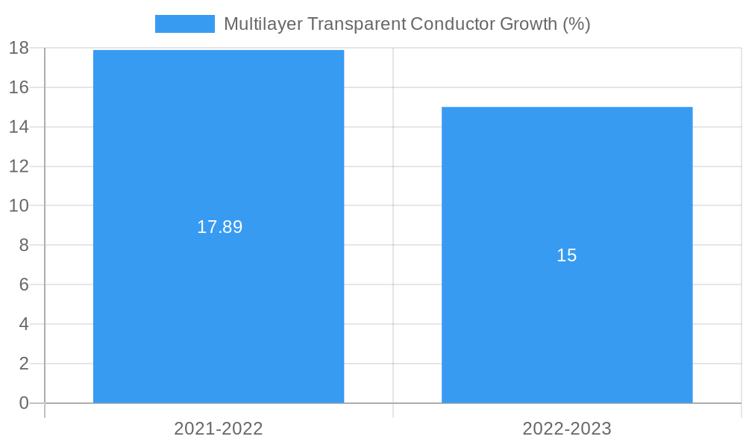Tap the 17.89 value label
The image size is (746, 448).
click(219, 227)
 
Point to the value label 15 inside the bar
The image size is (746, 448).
click(567, 255)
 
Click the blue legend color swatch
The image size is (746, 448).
click(184, 24)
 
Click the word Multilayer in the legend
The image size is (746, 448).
click(263, 24)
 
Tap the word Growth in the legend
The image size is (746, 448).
click(528, 24)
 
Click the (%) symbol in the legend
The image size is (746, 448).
click(577, 24)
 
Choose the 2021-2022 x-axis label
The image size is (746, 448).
click(219, 429)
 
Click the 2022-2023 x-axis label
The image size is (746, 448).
click(567, 429)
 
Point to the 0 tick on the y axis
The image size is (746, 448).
click(23, 403)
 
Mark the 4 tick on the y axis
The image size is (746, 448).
click(23, 324)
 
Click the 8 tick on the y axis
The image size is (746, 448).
click(23, 245)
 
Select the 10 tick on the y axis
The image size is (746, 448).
click(19, 205)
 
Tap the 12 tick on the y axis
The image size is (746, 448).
click(19, 167)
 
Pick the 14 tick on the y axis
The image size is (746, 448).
click(19, 127)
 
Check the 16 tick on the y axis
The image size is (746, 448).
click(19, 87)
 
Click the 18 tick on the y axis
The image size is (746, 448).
click(19, 48)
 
